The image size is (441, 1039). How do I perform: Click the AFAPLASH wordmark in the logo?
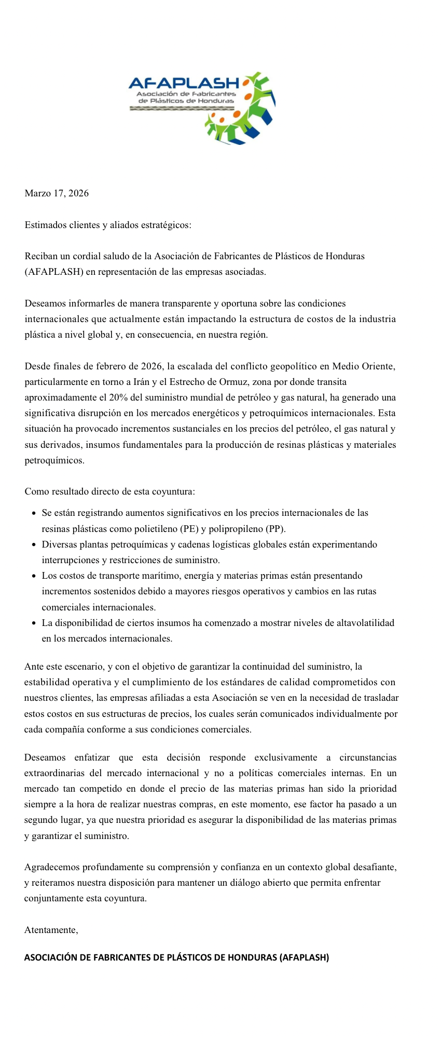(x=183, y=83)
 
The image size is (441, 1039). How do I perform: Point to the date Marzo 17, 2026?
(x=57, y=193)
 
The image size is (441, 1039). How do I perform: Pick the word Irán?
(x=141, y=382)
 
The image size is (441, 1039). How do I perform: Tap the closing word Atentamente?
(x=51, y=930)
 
